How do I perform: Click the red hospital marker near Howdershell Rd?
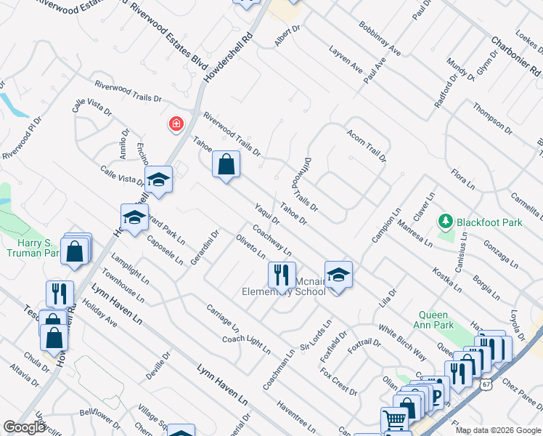pyautogui.click(x=176, y=125)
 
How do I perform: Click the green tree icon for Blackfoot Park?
pyautogui.click(x=444, y=220)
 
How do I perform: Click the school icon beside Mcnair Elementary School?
pyautogui.click(x=338, y=275)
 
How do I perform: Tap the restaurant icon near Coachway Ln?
pyautogui.click(x=282, y=275)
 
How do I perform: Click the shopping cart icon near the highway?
pyautogui.click(x=394, y=419)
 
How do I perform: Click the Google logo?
pyautogui.click(x=25, y=427)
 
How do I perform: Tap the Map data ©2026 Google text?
pyautogui.click(x=497, y=430)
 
